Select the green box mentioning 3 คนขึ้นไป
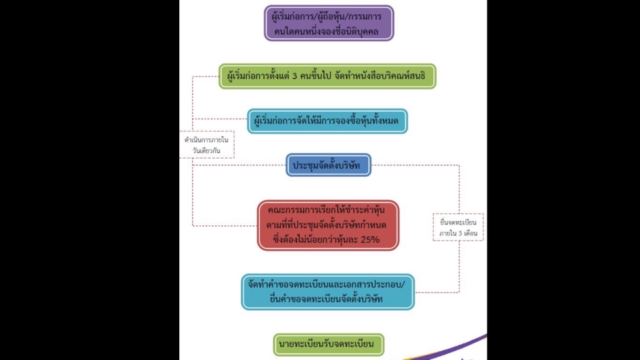327,76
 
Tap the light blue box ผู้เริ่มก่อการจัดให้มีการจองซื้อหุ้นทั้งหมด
327,121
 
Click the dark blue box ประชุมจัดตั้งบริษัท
328,164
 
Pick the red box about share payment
328,225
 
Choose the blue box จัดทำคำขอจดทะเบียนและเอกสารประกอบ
327,291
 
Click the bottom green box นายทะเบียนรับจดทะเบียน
329,345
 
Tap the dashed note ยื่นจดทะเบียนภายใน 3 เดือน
458,227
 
